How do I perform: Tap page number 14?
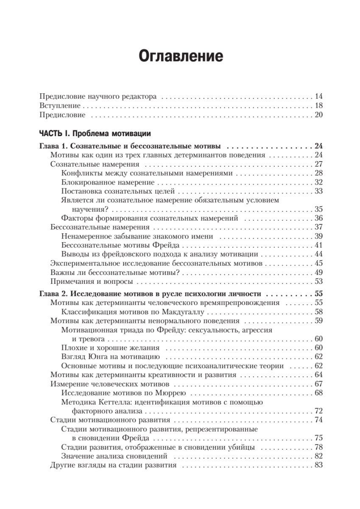tap(319, 96)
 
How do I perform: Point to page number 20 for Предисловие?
tap(319, 115)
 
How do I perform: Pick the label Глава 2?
tap(53, 294)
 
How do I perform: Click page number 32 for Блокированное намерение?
tap(319, 182)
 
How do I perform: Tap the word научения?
tap(90, 209)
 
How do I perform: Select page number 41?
tap(319, 245)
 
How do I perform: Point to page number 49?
tap(319, 272)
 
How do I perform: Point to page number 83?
tap(319, 465)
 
